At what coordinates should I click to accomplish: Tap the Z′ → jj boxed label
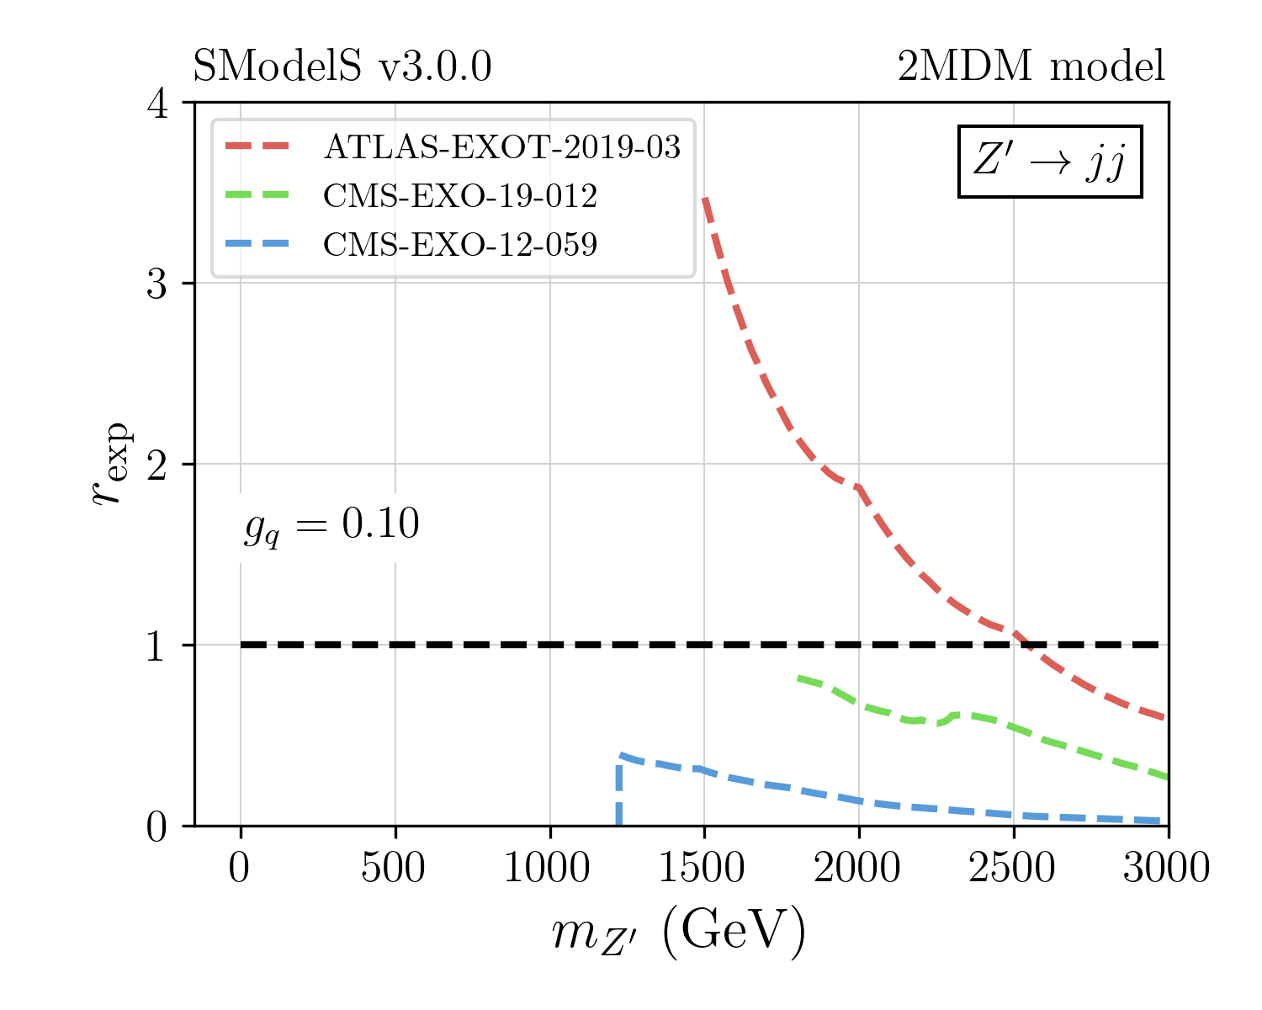point(1049,162)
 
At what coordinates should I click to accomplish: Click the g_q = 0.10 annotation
point(331,526)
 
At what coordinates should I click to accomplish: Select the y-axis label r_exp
point(111,463)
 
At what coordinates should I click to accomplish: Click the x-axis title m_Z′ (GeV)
point(679,933)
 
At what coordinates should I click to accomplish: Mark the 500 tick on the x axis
point(394,868)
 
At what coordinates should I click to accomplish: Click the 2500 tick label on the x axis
point(1012,868)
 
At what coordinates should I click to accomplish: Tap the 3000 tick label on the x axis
point(1166,868)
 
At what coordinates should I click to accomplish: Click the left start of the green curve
point(798,678)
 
